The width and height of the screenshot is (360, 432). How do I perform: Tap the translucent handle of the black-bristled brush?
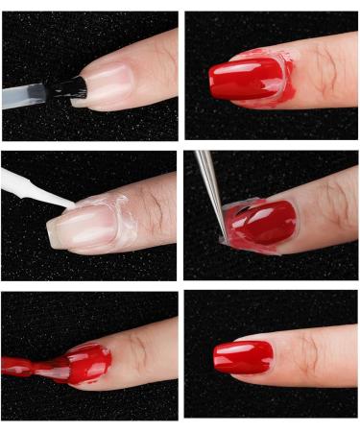coord(24,95)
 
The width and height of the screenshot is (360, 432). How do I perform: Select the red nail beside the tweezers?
coord(259,223)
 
